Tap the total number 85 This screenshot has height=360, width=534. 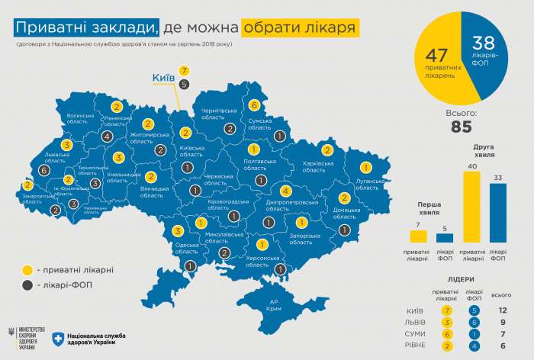click(x=461, y=127)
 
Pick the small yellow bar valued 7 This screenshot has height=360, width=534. click(x=417, y=237)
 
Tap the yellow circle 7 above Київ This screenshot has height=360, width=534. click(x=185, y=70)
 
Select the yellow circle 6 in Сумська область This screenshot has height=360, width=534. click(x=254, y=105)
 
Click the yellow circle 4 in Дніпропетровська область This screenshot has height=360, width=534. click(x=286, y=191)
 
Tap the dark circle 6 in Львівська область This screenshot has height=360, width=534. click(x=43, y=171)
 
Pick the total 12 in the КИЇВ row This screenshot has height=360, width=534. click(x=503, y=310)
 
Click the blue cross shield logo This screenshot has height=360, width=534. click(x=57, y=338)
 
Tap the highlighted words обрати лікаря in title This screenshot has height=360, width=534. click(x=300, y=29)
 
